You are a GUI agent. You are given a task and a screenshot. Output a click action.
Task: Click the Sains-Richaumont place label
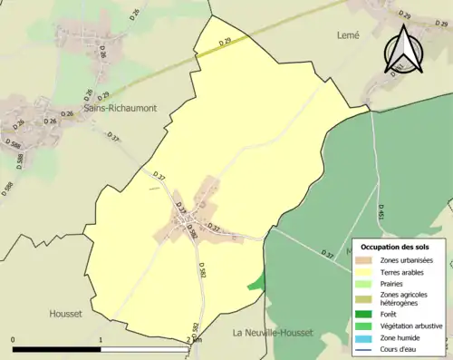pyautogui.click(x=120, y=108)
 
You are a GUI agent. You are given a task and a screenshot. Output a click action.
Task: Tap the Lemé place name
pyautogui.click(x=348, y=35)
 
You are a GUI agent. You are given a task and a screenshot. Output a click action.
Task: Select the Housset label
pyautogui.click(x=66, y=314)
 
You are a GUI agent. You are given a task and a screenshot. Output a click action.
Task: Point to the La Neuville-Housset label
pyautogui.click(x=273, y=333)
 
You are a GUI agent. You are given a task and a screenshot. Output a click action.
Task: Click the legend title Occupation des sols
pyautogui.click(x=395, y=247)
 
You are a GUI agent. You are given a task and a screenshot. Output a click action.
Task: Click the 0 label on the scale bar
pyautogui.click(x=14, y=340)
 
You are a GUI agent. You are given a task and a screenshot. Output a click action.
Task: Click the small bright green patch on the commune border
pyautogui.click(x=257, y=283)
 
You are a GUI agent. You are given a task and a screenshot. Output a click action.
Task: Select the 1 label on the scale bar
pyautogui.click(x=100, y=340)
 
